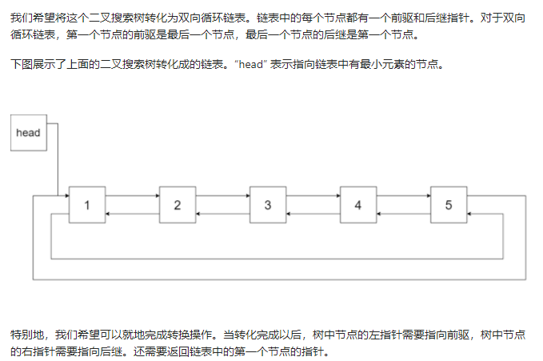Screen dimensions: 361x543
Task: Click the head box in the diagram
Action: (28, 132)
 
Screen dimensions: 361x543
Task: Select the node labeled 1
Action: (86, 204)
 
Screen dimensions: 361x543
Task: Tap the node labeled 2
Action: (178, 204)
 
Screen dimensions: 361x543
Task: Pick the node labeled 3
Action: (268, 204)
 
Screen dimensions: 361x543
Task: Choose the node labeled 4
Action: (358, 204)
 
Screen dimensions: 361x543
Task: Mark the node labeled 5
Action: (449, 204)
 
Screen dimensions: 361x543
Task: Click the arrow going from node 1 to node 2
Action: (132, 195)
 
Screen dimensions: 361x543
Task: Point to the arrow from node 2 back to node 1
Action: (132, 214)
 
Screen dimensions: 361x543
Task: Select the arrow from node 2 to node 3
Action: (222, 195)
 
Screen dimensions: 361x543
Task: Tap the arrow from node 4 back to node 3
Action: (313, 214)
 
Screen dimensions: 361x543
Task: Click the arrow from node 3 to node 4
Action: (313, 195)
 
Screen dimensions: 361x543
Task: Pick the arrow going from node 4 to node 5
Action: (403, 195)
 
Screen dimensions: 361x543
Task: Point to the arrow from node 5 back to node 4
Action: (403, 214)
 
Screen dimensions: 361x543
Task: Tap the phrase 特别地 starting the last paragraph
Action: (24, 334)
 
